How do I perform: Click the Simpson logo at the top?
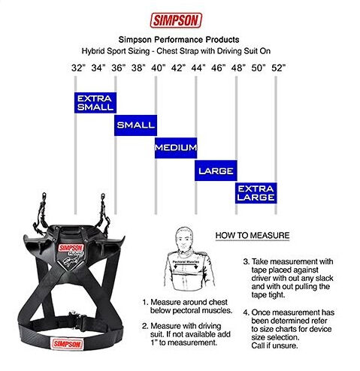click(x=176, y=20)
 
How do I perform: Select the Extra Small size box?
click(x=95, y=103)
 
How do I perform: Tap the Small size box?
click(x=135, y=125)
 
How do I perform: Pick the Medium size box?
click(x=176, y=148)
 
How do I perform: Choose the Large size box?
click(x=216, y=170)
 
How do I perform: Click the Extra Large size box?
click(x=256, y=193)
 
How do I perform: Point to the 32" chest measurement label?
click(x=78, y=68)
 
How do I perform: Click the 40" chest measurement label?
click(x=159, y=68)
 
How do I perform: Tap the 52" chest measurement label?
click(x=279, y=68)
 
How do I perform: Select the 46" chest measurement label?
click(x=219, y=68)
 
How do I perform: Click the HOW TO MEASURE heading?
click(x=253, y=236)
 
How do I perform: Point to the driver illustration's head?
click(x=185, y=238)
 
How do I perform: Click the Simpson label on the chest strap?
click(x=67, y=343)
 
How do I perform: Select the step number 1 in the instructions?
click(x=145, y=303)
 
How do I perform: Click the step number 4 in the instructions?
click(x=246, y=313)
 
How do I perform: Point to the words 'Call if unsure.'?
click(x=274, y=345)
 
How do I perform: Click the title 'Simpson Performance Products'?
click(x=179, y=40)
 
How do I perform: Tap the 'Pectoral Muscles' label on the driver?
click(x=186, y=262)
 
